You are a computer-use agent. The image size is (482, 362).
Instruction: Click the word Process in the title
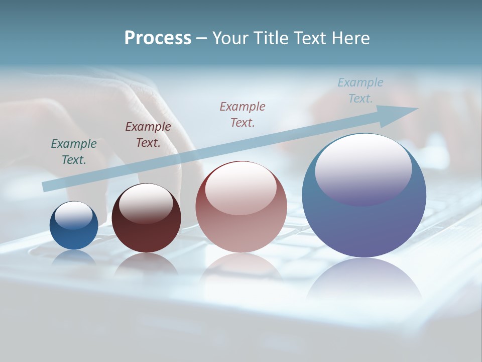click(x=158, y=38)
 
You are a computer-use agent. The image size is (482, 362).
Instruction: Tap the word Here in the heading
click(x=350, y=38)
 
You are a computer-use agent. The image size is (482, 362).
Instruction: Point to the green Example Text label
click(x=74, y=151)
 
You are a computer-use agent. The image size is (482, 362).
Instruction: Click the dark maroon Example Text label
click(x=148, y=134)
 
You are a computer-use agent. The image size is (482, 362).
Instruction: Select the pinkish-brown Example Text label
click(x=243, y=114)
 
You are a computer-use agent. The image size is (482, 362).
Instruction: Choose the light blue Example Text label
click(x=360, y=90)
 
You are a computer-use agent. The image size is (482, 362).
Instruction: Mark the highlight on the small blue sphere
click(x=74, y=215)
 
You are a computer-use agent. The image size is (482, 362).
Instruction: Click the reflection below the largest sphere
click(x=364, y=279)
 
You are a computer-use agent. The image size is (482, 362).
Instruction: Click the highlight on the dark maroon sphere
click(x=146, y=202)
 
